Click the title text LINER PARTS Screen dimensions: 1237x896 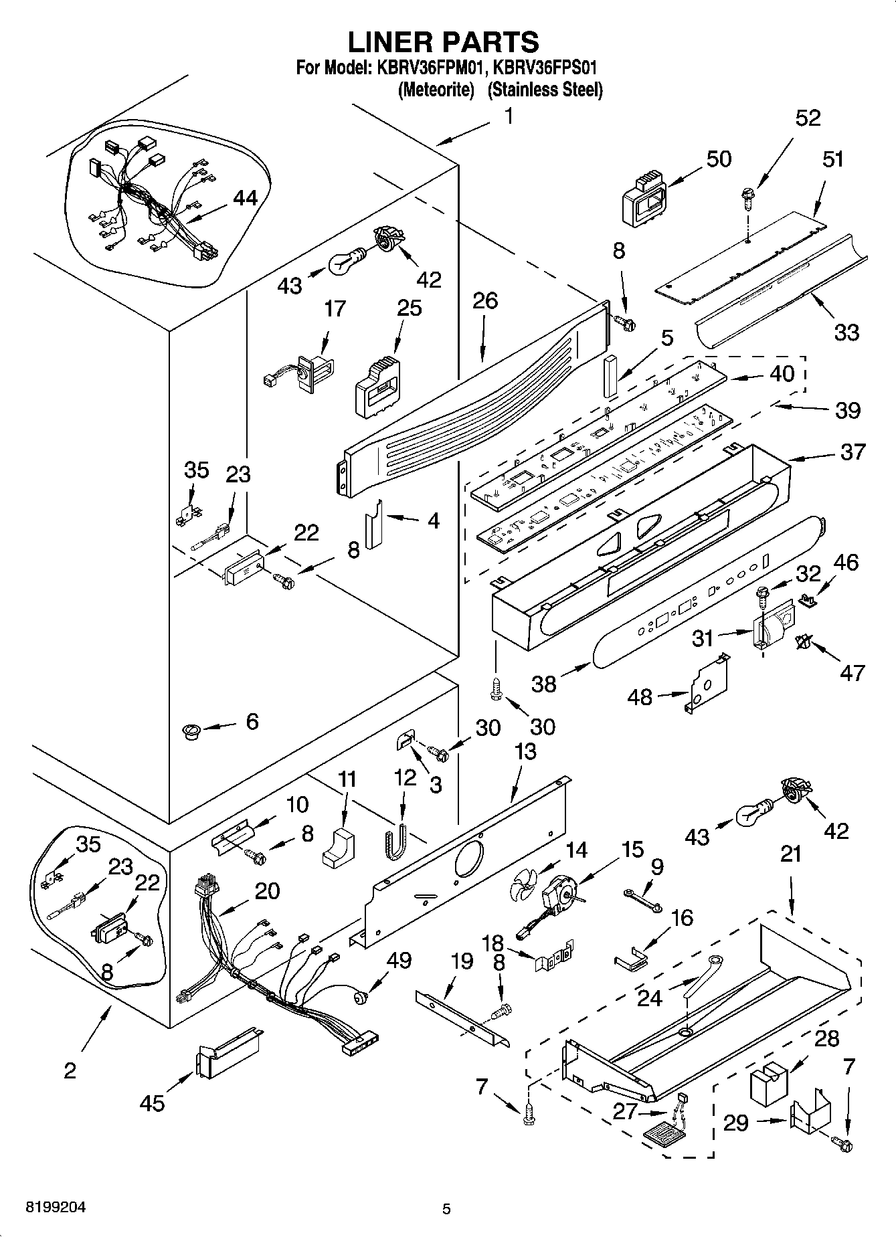[x=443, y=41]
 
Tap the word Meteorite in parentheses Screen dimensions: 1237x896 [x=436, y=90]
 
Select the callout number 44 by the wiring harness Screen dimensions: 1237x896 [x=245, y=198]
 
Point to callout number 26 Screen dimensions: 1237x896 [x=485, y=301]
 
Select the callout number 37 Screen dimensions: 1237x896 [x=853, y=452]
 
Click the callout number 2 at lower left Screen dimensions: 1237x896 [x=70, y=1070]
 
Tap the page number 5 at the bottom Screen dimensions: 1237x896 [x=446, y=1209]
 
